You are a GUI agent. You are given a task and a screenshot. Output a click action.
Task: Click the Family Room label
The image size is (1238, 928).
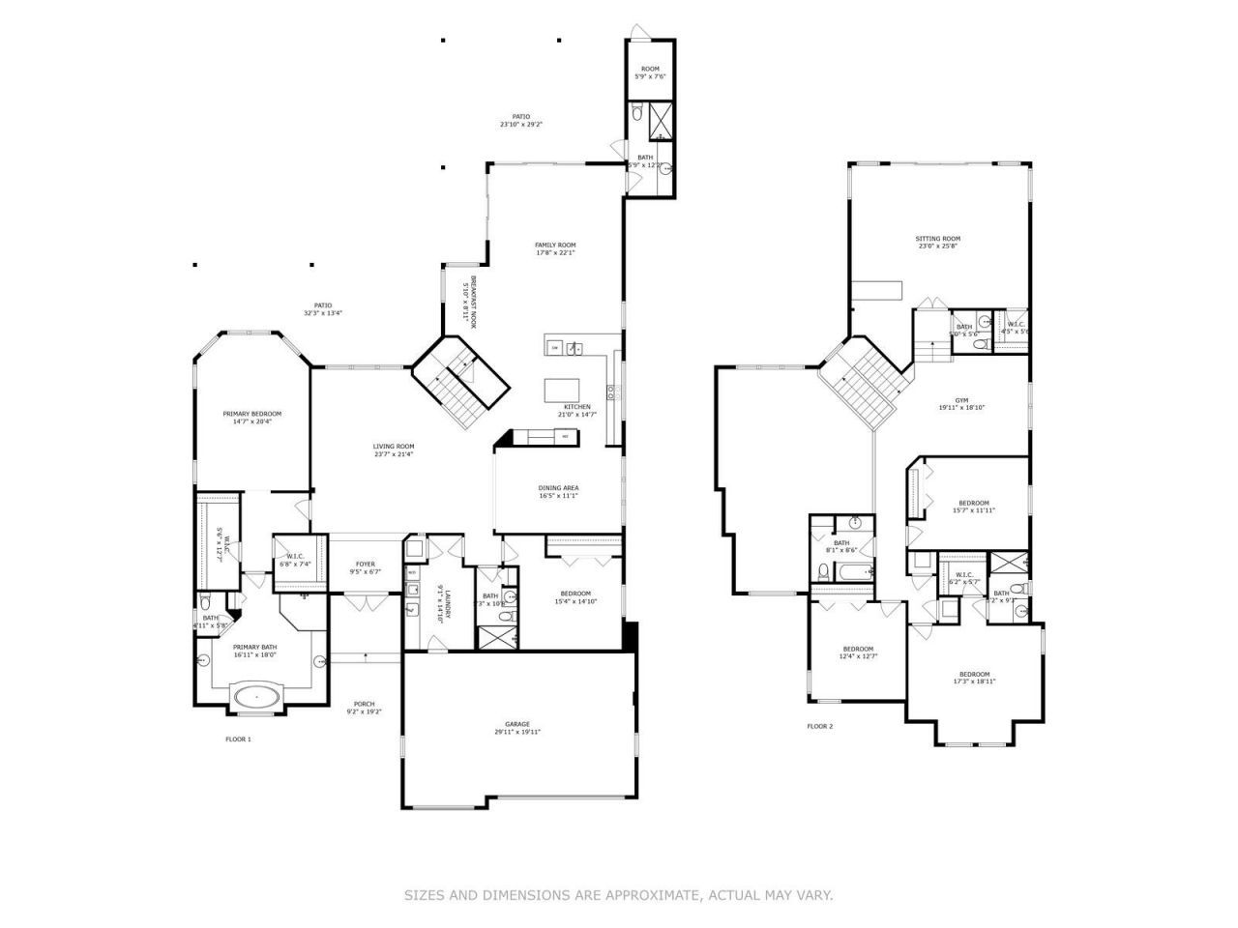tap(555, 245)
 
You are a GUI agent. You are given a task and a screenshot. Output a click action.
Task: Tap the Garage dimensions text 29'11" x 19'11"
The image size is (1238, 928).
tap(516, 732)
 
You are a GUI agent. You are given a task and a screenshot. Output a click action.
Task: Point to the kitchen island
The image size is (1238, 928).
tap(568, 390)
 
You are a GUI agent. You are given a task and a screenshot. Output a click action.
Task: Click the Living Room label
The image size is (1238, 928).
tap(394, 447)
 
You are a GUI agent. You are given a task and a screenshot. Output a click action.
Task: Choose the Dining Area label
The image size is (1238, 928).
tap(558, 488)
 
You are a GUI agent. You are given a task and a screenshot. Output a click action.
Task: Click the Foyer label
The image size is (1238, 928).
tap(365, 564)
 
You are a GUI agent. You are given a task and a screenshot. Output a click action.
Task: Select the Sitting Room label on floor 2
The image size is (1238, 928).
tap(937, 239)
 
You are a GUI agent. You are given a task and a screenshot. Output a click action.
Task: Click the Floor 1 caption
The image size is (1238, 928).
tap(238, 739)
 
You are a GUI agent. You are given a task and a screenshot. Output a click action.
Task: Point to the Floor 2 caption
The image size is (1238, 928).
tap(819, 726)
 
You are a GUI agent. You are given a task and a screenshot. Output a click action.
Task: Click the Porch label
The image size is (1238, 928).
tap(364, 704)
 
